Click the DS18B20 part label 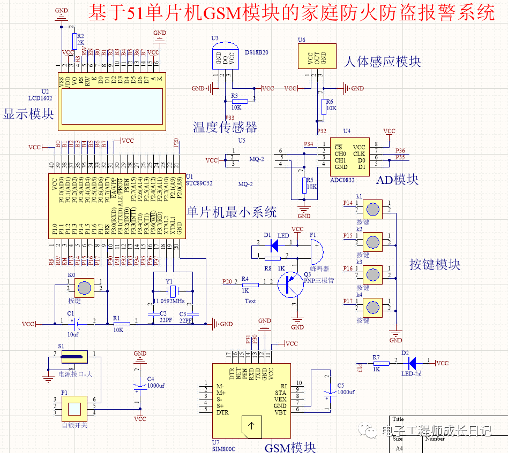(257, 52)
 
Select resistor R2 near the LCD (73, 40)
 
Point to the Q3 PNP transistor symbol (291, 285)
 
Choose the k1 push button (373, 209)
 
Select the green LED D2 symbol (412, 363)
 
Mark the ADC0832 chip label (342, 180)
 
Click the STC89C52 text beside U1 (199, 183)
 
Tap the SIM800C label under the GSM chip (223, 449)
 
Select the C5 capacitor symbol (327, 396)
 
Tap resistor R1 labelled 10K (121, 324)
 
